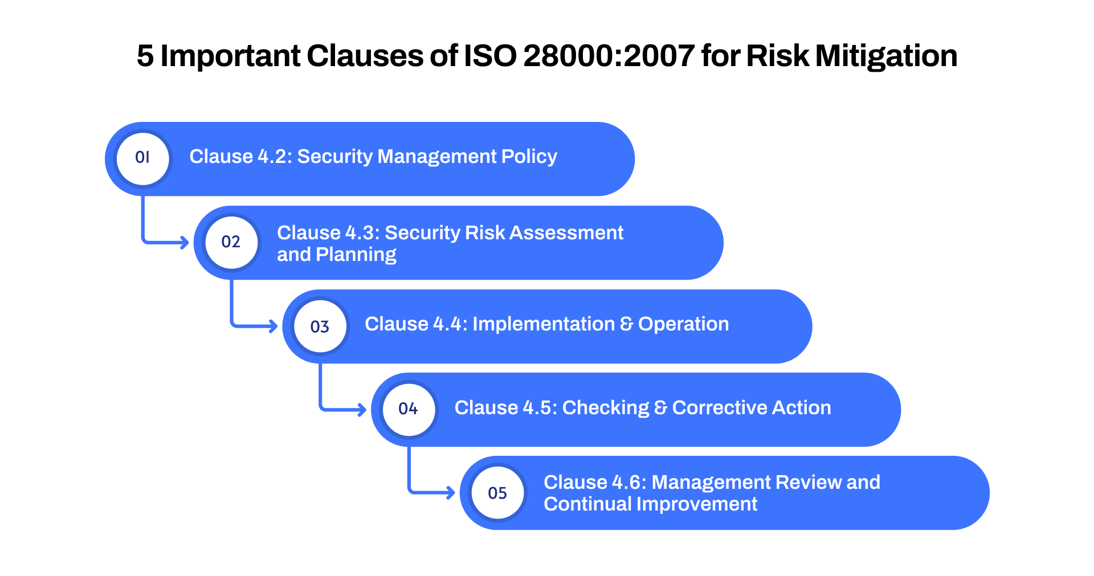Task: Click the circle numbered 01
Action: click(142, 158)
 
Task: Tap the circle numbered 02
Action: click(231, 242)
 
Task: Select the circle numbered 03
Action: click(320, 326)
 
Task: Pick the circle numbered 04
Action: click(409, 409)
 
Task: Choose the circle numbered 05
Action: click(497, 493)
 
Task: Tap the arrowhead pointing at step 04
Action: click(362, 410)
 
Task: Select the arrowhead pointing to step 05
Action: click(451, 493)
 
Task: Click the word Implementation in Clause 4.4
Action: click(544, 324)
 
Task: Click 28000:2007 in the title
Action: click(609, 56)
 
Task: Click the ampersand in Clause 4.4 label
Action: click(626, 324)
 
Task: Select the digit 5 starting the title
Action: click(145, 56)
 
